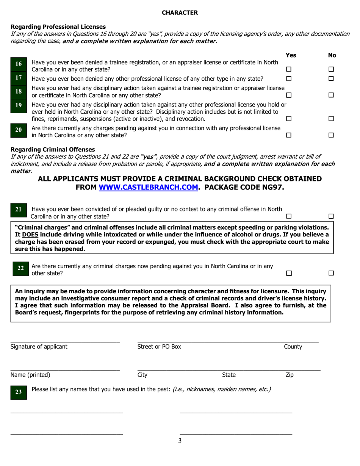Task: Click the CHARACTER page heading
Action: coord(180,13)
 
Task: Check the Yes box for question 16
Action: coord(289,69)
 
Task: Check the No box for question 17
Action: coord(331,79)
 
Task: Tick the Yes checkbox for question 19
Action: coord(289,119)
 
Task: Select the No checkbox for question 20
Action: coord(331,135)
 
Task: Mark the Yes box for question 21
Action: coord(289,216)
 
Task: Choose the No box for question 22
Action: coord(331,273)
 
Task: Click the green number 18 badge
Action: coord(19,91)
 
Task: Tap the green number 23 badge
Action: coord(19,393)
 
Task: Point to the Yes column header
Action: coord(291,55)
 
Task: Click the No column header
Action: coord(332,55)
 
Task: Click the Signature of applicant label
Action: coord(39,346)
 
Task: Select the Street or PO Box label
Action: coord(159,346)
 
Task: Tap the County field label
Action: coord(293,346)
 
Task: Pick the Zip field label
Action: coord(289,375)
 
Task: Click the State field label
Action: coord(229,375)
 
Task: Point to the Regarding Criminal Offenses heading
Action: coord(53,149)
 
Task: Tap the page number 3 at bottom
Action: coord(180,441)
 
